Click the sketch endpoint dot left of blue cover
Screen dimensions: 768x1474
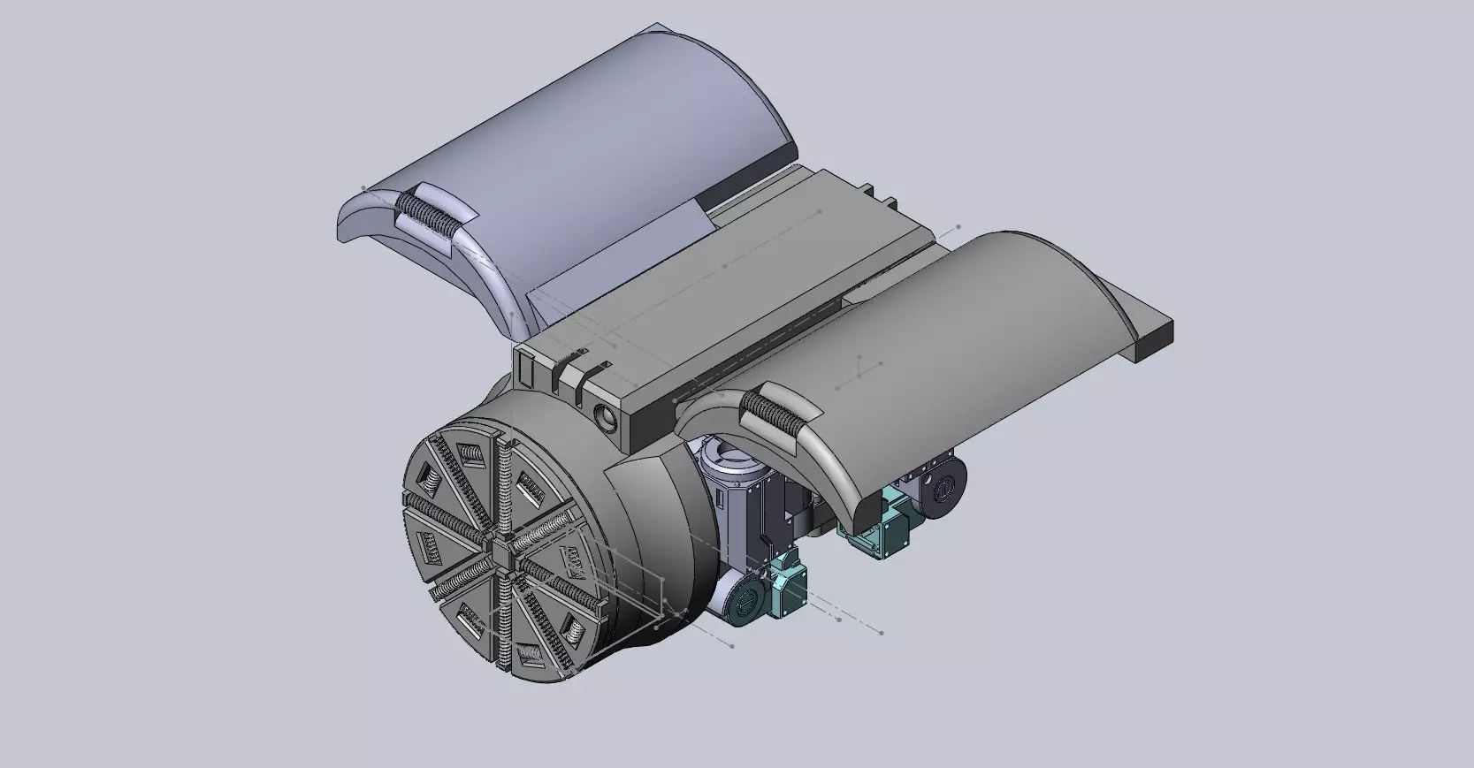click(363, 187)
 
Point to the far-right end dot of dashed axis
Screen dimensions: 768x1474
click(882, 632)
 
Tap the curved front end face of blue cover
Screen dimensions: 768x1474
click(416, 265)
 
